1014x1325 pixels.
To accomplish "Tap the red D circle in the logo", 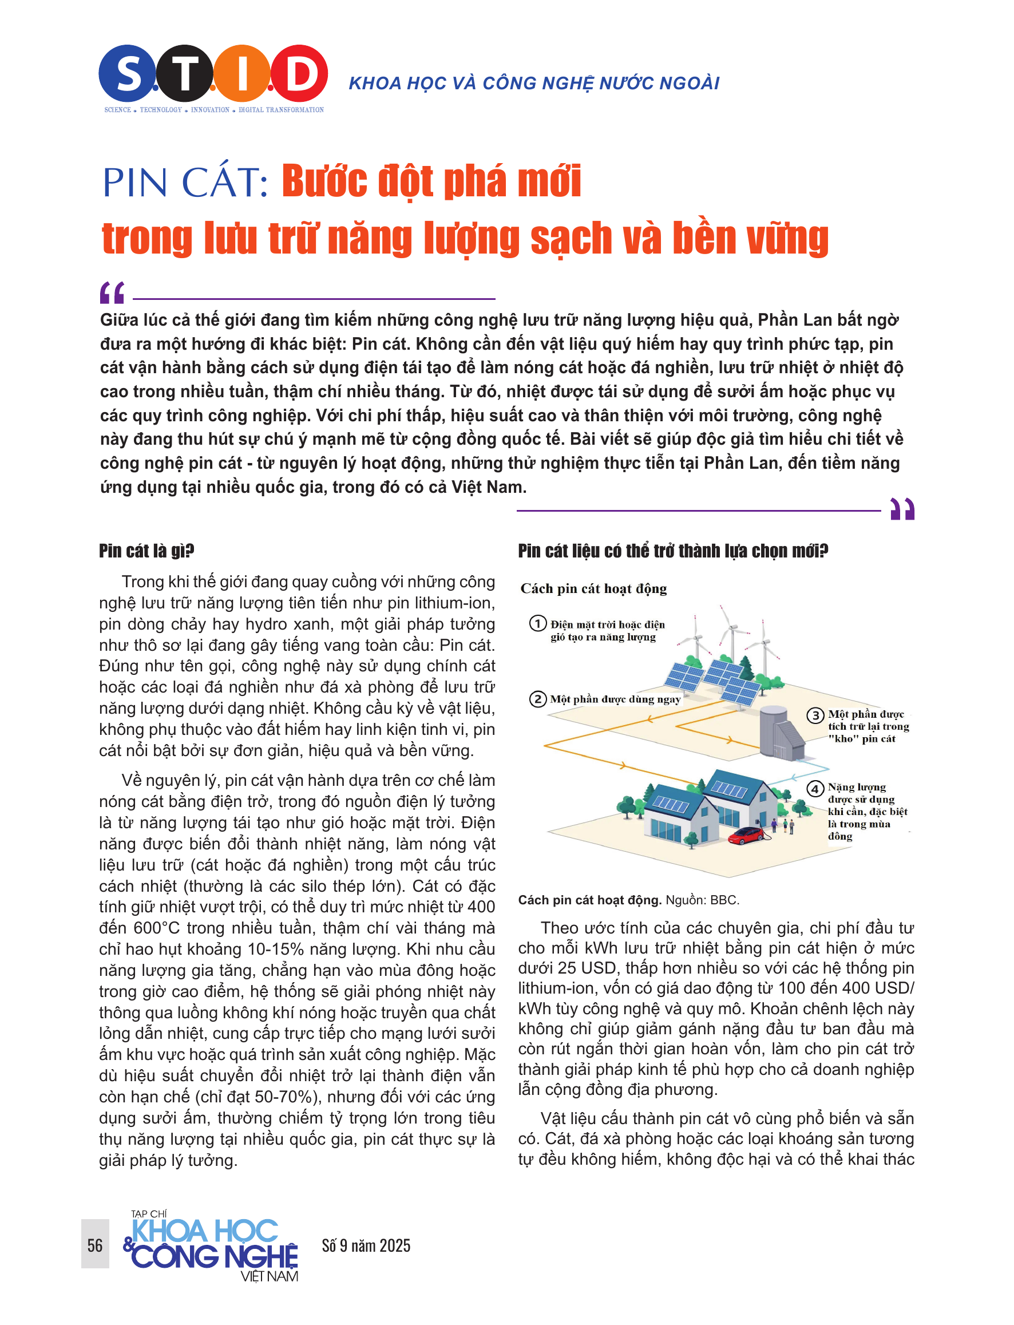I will click(x=299, y=73).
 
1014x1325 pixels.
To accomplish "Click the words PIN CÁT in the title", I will click(x=185, y=183).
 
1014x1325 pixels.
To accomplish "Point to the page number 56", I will click(x=96, y=1245).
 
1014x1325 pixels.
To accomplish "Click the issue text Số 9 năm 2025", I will click(x=366, y=1245).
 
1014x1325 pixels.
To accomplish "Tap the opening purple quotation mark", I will click(x=112, y=293).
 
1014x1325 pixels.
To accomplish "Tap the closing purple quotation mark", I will click(x=902, y=508).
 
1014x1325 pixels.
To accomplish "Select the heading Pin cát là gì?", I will click(x=146, y=551).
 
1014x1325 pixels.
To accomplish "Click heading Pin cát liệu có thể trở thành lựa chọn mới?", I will click(x=673, y=551).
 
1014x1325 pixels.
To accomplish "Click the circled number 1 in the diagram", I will click(x=538, y=623).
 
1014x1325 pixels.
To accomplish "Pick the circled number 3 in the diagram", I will click(x=815, y=715).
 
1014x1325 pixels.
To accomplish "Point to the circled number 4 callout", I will click(x=815, y=788).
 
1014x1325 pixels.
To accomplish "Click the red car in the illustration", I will click(x=746, y=835).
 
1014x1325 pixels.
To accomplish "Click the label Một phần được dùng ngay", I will click(x=615, y=699).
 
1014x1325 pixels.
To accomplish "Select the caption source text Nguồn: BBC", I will click(x=702, y=900).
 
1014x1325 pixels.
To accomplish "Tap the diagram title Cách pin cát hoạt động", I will click(x=593, y=588).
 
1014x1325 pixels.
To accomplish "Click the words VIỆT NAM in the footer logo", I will click(x=269, y=1276).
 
